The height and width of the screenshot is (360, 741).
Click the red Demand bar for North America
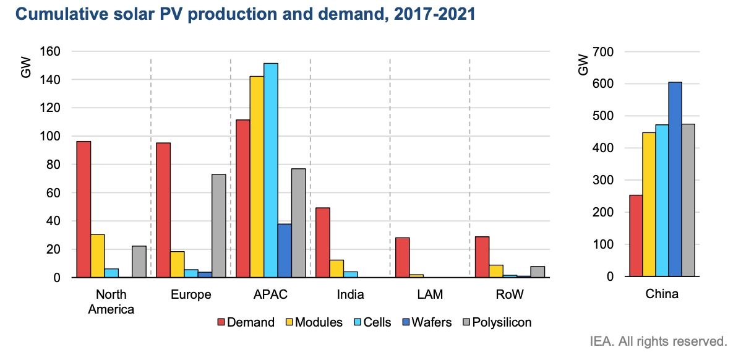[x=84, y=210]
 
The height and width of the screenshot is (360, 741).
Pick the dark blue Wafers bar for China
[x=675, y=179]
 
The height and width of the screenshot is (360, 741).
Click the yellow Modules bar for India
[x=336, y=268]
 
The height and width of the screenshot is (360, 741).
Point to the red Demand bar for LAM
[x=403, y=257]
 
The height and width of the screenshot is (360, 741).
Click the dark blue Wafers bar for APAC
[x=285, y=251]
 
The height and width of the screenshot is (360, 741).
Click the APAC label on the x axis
[x=270, y=294]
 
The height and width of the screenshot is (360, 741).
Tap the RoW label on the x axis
[x=509, y=294]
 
